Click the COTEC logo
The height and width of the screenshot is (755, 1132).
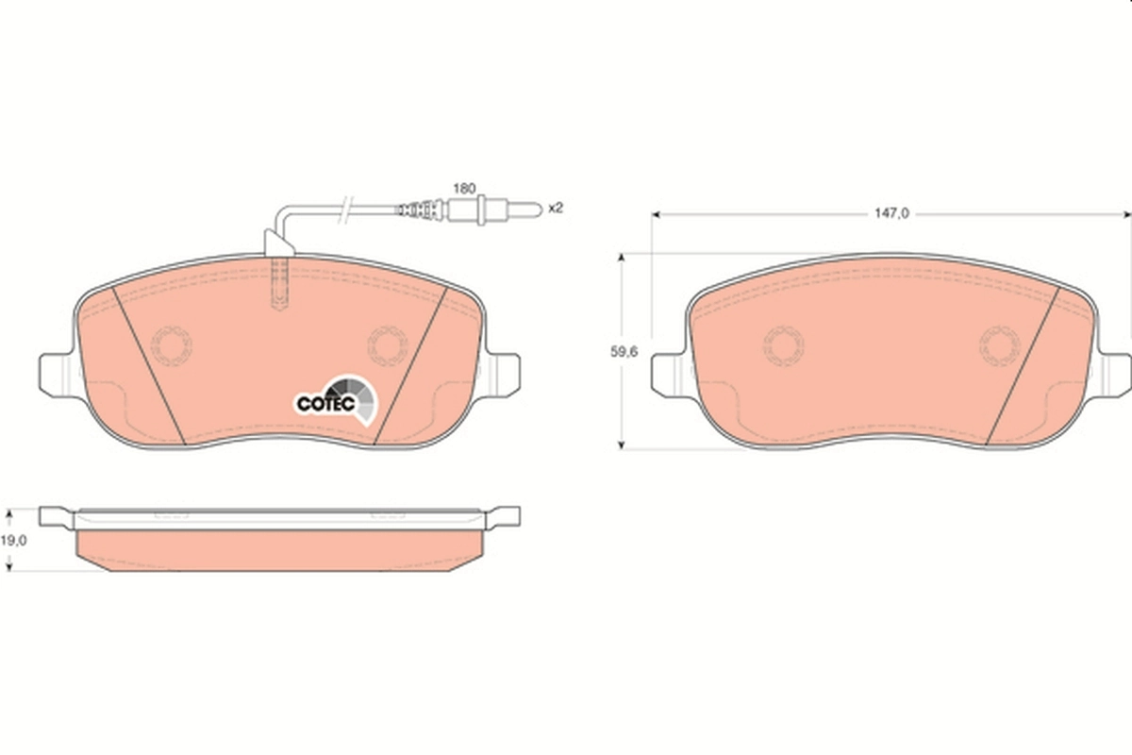coord(336,400)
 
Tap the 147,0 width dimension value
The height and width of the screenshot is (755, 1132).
coord(891,214)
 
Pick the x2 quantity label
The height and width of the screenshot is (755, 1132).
coord(555,208)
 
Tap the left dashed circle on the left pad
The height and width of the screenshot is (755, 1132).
coord(171,344)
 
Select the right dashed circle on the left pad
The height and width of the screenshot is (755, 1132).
coord(386,344)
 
